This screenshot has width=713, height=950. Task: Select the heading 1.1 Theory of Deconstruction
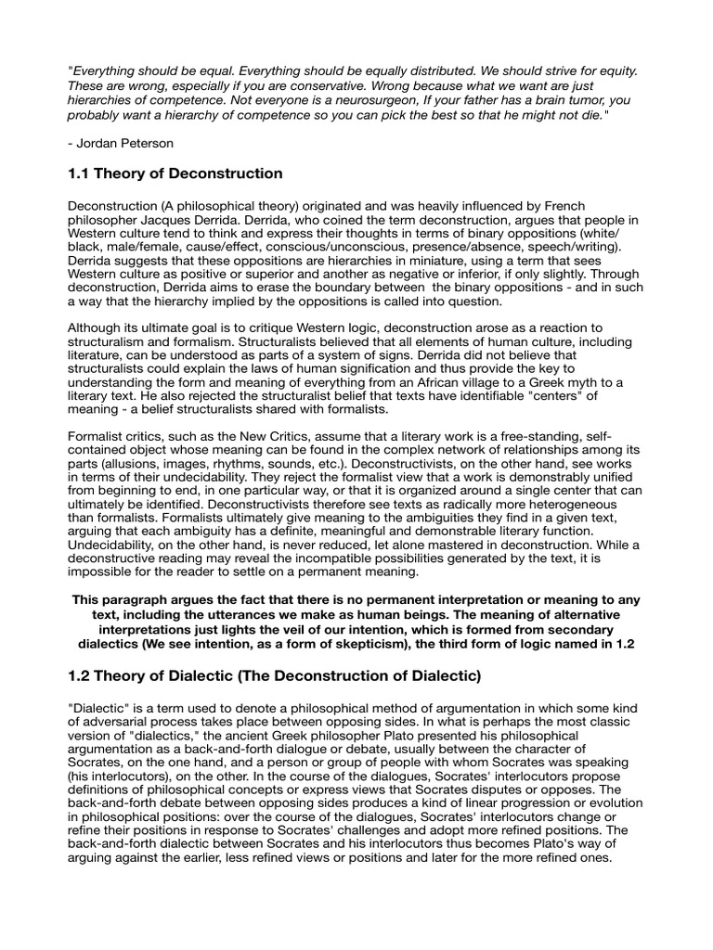(175, 173)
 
